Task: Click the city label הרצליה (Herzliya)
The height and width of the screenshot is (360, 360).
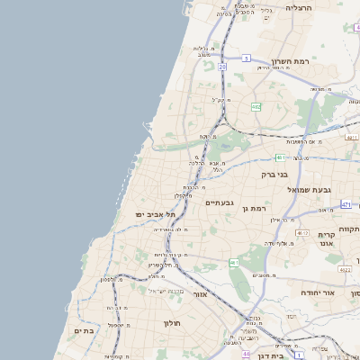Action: point(298,7)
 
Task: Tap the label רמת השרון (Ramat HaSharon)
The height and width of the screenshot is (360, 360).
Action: point(289,63)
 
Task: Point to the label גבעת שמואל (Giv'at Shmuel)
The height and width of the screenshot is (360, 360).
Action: point(285,190)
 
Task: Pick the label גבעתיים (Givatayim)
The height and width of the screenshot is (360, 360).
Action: point(220,202)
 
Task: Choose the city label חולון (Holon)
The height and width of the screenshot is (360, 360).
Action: point(173,322)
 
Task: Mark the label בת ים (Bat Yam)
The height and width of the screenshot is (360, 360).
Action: point(83,331)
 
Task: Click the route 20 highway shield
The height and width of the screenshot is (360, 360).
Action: point(222,67)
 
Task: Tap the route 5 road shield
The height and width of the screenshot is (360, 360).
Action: point(245,58)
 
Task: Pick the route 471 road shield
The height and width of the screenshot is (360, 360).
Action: point(346,205)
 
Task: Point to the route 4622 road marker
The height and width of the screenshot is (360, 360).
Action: point(346,269)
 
